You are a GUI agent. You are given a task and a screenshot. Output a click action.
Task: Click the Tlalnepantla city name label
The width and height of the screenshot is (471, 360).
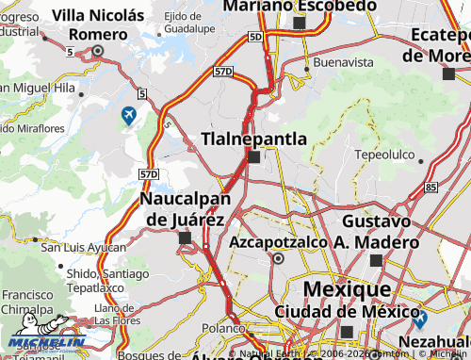[x=254, y=139]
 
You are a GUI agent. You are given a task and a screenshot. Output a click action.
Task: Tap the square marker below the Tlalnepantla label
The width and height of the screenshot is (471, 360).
[x=253, y=157]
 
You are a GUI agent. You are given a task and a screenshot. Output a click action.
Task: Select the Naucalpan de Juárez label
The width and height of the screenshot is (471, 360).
[x=183, y=209]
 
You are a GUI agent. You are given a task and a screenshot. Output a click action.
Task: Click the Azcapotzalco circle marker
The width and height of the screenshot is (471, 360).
[x=278, y=257]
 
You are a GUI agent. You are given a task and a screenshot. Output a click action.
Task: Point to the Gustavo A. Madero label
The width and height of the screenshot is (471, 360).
[x=376, y=231]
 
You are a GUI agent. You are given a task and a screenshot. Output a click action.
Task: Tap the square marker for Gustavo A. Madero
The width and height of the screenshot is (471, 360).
[x=376, y=260]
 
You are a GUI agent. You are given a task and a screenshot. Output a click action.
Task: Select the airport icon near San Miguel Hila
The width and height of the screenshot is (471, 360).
[x=128, y=116]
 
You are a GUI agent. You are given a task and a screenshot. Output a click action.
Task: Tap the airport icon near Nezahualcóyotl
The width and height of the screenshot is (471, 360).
[x=419, y=319]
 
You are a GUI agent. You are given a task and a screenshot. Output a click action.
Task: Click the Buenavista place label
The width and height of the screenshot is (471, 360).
[x=337, y=64]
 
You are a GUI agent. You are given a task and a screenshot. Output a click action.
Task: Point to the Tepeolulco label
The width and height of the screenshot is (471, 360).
[x=384, y=153]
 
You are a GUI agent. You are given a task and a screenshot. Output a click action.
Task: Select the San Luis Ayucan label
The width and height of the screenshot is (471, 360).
[x=83, y=248]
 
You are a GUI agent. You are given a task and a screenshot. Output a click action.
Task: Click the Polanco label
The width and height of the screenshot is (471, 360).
[x=222, y=328]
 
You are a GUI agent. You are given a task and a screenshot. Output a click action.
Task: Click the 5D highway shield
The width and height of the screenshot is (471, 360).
[x=256, y=36]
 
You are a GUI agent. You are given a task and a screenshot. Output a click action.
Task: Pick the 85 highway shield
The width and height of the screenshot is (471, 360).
[x=430, y=188]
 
